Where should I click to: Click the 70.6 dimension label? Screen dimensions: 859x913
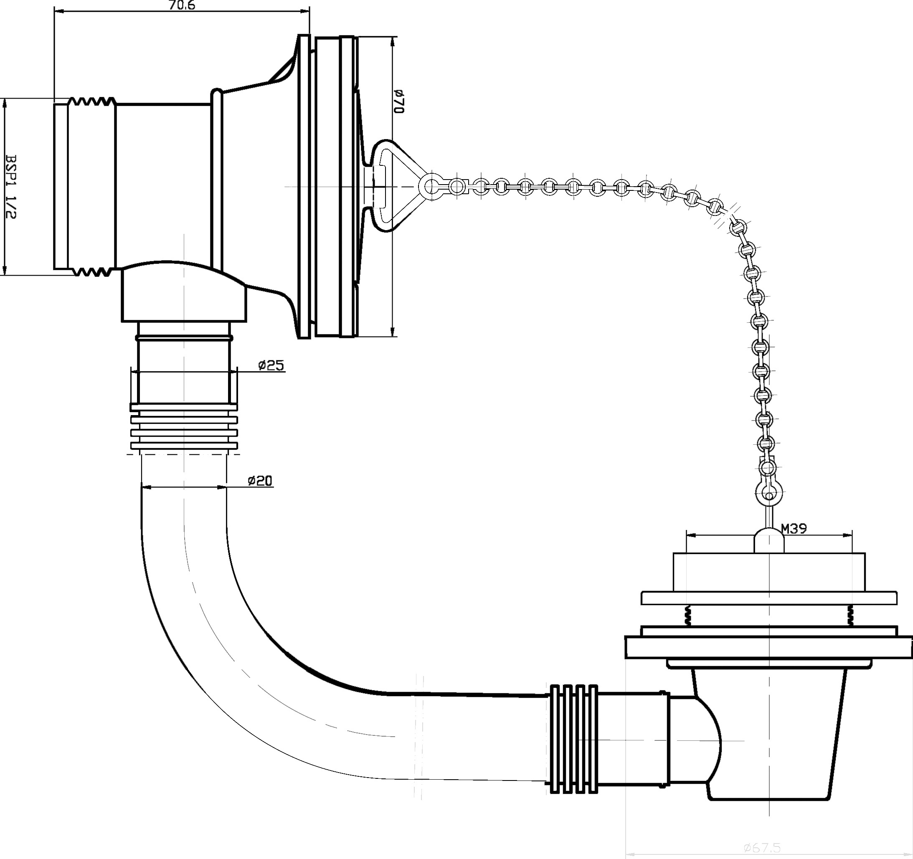182,5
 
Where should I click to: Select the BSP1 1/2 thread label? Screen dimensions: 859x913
10,186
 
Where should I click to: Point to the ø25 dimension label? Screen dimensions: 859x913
271,365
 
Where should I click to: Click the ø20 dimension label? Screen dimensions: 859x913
260,481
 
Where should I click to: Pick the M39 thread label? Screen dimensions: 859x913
794,529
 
